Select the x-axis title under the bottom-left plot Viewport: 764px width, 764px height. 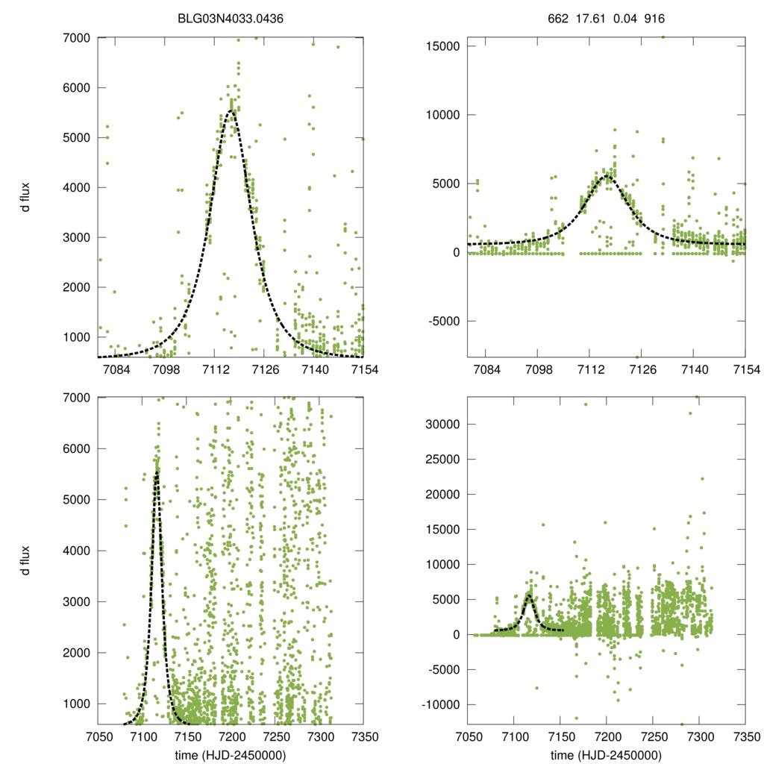pyautogui.click(x=231, y=755)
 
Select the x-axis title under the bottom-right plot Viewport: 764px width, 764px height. pyautogui.click(x=606, y=755)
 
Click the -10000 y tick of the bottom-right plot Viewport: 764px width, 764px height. pyautogui.click(x=436, y=704)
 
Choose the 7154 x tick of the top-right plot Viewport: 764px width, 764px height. pyautogui.click(x=745, y=370)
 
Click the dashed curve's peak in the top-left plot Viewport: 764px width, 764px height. pyautogui.click(x=232, y=111)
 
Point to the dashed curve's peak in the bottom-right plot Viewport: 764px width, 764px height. pyautogui.click(x=529, y=595)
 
